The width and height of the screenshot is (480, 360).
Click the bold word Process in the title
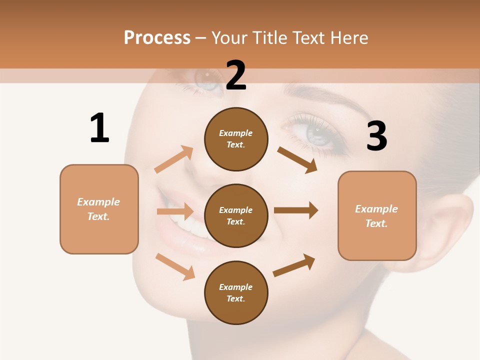[157, 38]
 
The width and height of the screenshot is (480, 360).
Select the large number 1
[99, 128]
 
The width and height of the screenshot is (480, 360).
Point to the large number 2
[236, 75]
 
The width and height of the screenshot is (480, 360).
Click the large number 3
[376, 136]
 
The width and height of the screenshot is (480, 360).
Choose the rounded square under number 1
[99, 209]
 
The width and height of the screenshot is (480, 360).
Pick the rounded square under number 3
[377, 215]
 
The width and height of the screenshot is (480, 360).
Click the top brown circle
[236, 139]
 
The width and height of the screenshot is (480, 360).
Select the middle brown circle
[236, 215]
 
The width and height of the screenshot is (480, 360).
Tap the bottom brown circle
[236, 292]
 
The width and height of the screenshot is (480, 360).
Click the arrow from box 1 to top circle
[174, 159]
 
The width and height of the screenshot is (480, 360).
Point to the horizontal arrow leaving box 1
[175, 211]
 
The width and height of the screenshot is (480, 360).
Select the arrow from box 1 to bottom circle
[175, 266]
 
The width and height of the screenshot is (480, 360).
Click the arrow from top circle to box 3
[297, 159]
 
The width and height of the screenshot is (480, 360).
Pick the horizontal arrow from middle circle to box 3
[296, 210]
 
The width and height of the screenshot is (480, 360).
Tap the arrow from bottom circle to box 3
[294, 265]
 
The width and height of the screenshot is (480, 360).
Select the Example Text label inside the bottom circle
[236, 292]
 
